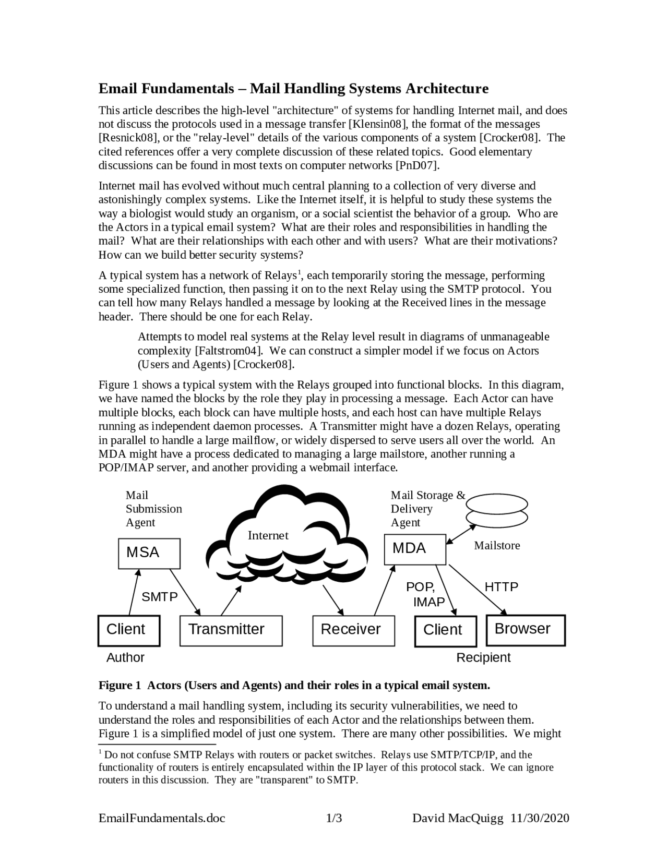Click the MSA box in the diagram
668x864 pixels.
[149, 553]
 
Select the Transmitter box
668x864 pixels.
[231, 630]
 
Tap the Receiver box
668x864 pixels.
[353, 630]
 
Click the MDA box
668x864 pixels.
[415, 549]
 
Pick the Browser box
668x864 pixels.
[526, 630]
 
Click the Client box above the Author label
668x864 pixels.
[129, 630]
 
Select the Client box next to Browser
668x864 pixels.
[446, 631]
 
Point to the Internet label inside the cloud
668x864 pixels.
[268, 535]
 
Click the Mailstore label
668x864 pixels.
[497, 546]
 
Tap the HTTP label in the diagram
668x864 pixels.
[502, 587]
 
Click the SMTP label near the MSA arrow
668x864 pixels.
[160, 597]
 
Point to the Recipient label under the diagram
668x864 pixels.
[483, 657]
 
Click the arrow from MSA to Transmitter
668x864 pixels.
[185, 592]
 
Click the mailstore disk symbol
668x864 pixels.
[497, 510]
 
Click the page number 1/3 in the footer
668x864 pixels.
[334, 818]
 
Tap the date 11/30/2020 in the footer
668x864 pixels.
[540, 818]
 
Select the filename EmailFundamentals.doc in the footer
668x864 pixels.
[162, 818]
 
